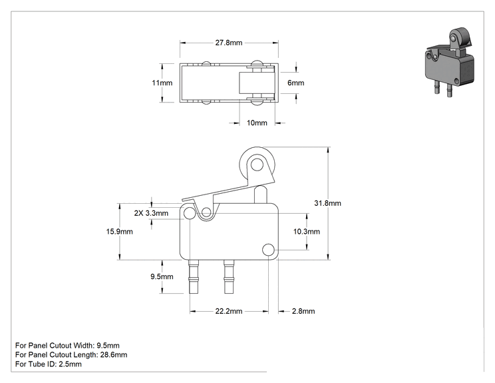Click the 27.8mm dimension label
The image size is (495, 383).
(x=229, y=43)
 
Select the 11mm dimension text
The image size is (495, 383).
(x=162, y=83)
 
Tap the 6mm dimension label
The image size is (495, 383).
(x=296, y=83)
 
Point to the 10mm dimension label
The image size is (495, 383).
(x=257, y=123)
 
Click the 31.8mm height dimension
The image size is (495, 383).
(x=327, y=203)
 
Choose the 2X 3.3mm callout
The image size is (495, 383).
(x=151, y=213)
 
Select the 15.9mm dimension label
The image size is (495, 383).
(x=119, y=231)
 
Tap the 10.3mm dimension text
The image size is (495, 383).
(x=306, y=231)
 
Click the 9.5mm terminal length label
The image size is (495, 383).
(x=162, y=276)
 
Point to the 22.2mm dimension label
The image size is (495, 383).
(x=229, y=311)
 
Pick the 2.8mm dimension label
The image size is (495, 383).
(x=303, y=311)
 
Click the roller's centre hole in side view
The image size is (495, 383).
(x=257, y=165)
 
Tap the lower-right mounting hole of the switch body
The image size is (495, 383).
(x=268, y=250)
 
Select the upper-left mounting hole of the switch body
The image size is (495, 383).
(x=190, y=213)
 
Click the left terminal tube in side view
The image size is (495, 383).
(x=194, y=276)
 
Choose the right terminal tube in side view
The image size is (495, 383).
(x=229, y=276)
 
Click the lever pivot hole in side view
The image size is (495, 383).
(x=206, y=212)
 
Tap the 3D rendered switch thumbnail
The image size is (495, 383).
(x=449, y=61)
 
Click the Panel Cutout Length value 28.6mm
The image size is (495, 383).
(x=114, y=354)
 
